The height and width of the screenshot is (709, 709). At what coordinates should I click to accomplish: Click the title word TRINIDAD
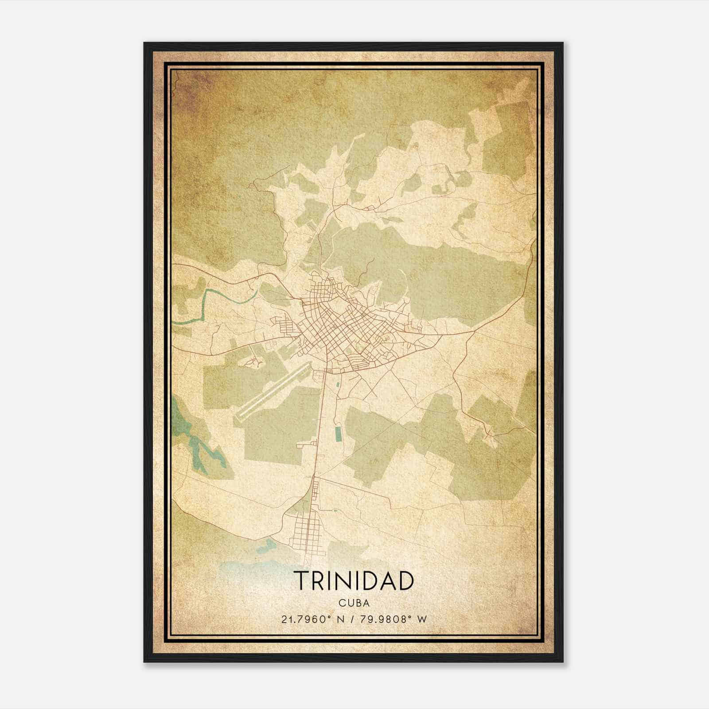pyautogui.click(x=354, y=581)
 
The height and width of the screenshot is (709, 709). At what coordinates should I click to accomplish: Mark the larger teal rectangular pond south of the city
pyautogui.click(x=339, y=433)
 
